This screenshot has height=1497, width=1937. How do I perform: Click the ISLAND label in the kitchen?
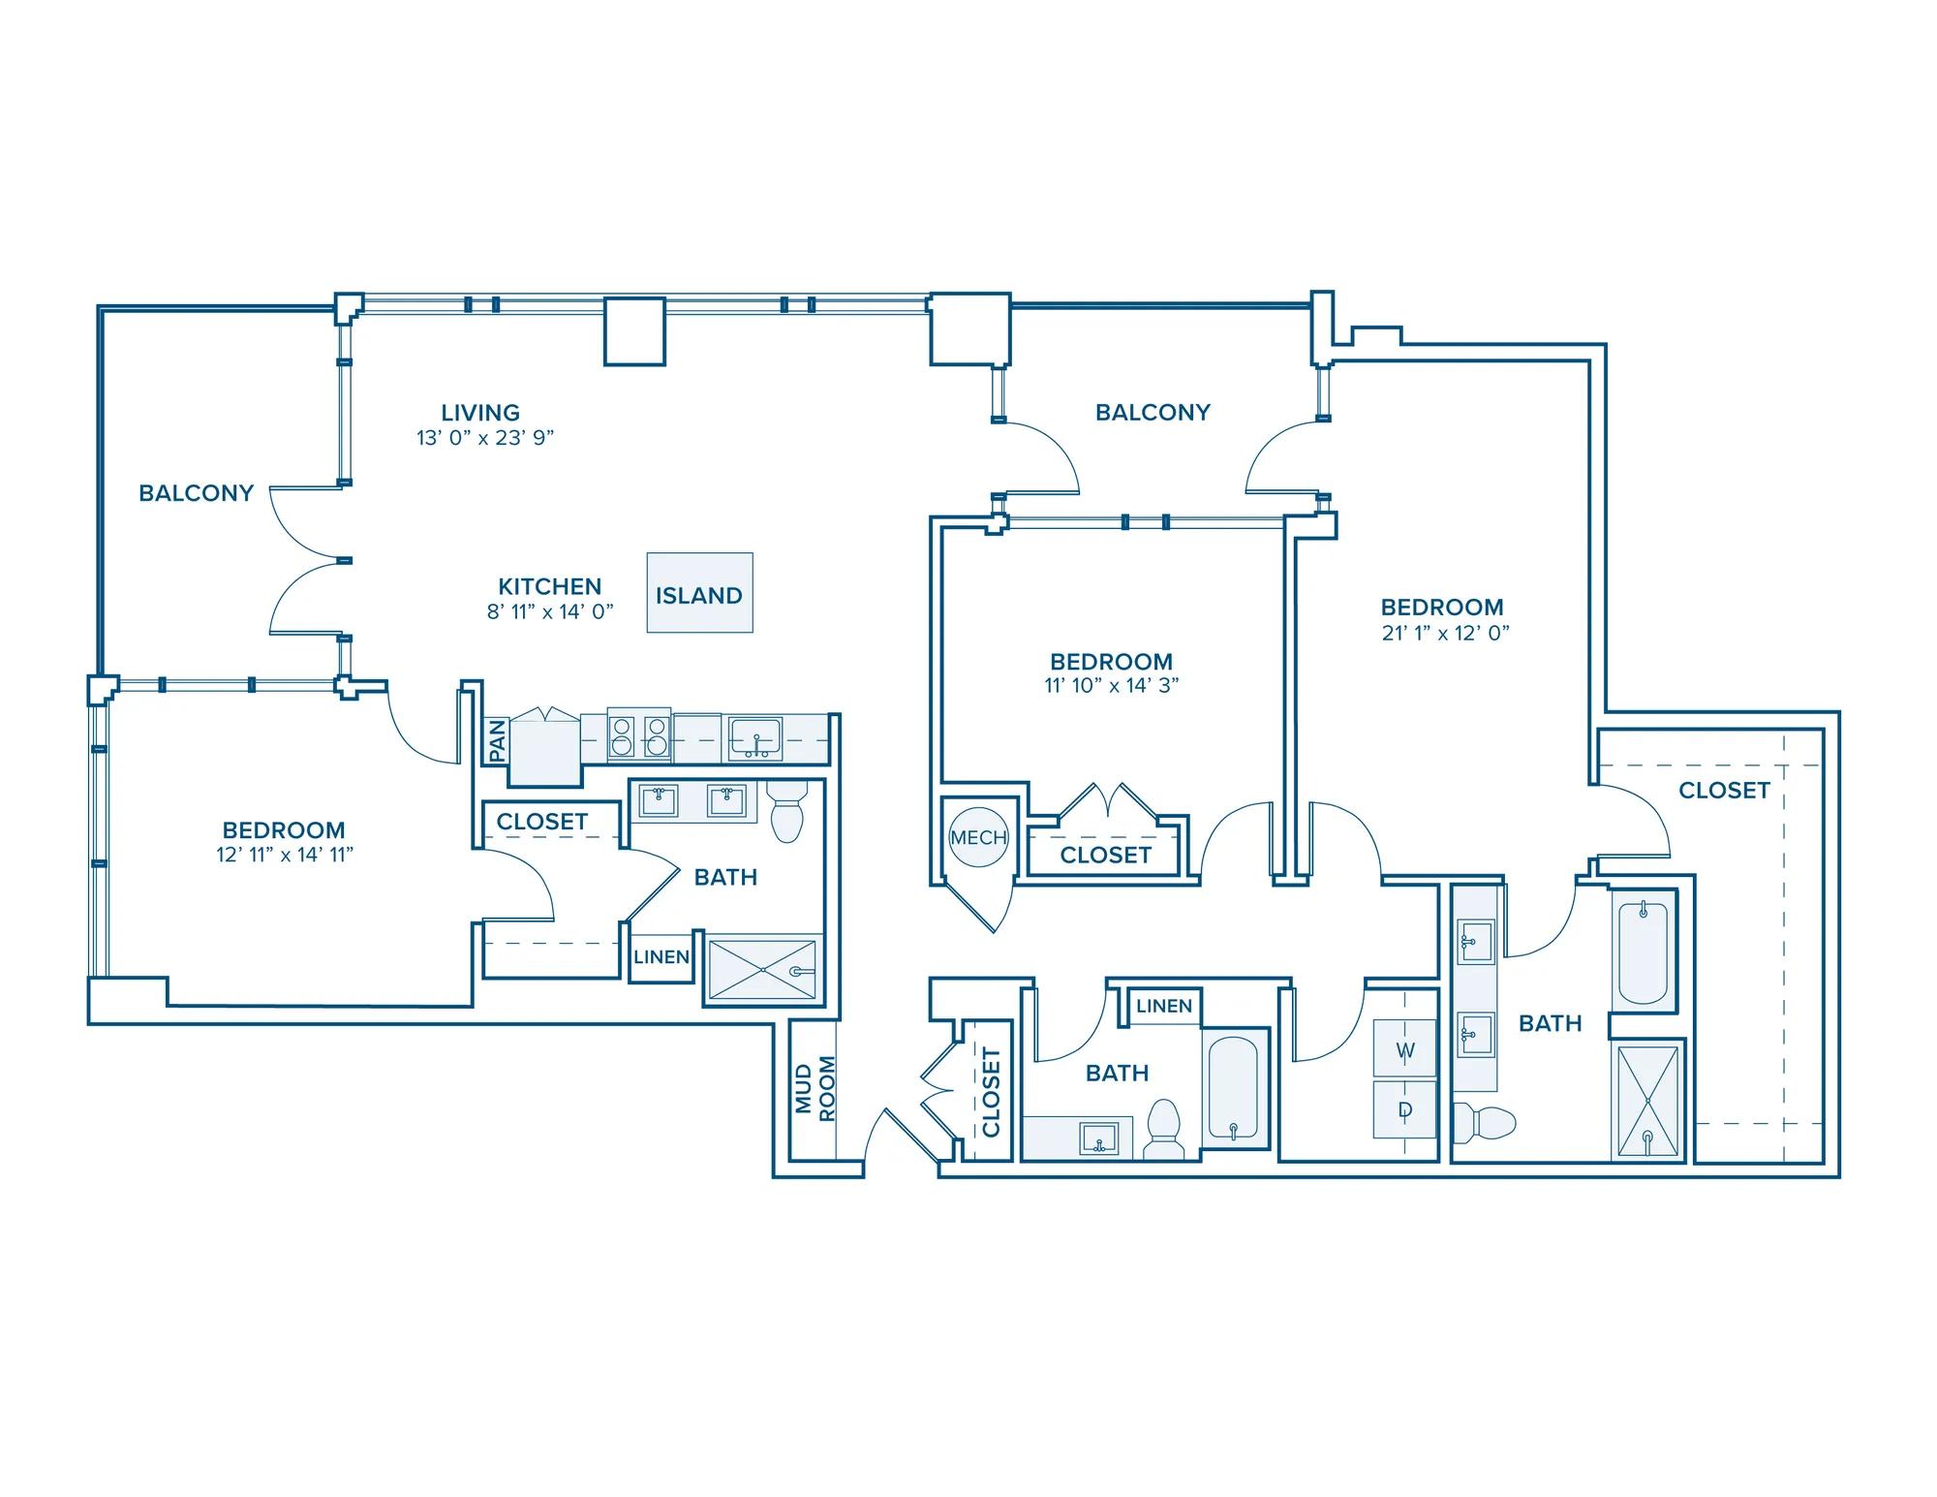point(699,596)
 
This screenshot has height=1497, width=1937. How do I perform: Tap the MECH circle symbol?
point(978,837)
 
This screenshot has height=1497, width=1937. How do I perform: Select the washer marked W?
point(1405,1049)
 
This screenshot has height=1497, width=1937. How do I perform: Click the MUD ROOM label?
point(815,1089)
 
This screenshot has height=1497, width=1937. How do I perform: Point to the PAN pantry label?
point(497,740)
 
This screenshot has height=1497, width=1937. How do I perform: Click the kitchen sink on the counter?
point(755,738)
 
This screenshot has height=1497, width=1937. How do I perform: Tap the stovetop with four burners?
point(639,733)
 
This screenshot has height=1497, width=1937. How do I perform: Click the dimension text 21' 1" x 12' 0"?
point(1445,633)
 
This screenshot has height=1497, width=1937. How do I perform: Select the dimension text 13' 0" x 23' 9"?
point(485,438)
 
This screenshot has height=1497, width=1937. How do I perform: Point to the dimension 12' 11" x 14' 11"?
point(285,855)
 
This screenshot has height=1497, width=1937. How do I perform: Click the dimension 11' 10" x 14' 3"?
point(1112,686)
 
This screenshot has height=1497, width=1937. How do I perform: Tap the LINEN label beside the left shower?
point(661,957)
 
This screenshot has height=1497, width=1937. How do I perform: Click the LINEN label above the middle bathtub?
point(1164,1006)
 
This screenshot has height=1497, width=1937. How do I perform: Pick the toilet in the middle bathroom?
point(1162,1129)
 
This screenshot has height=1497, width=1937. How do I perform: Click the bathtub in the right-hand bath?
point(1643,953)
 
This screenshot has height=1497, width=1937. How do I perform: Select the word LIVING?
point(480,413)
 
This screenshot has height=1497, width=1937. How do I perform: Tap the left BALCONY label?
point(196,493)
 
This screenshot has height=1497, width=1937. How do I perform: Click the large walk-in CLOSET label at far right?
point(1724,791)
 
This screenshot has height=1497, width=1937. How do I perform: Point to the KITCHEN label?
point(550,586)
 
